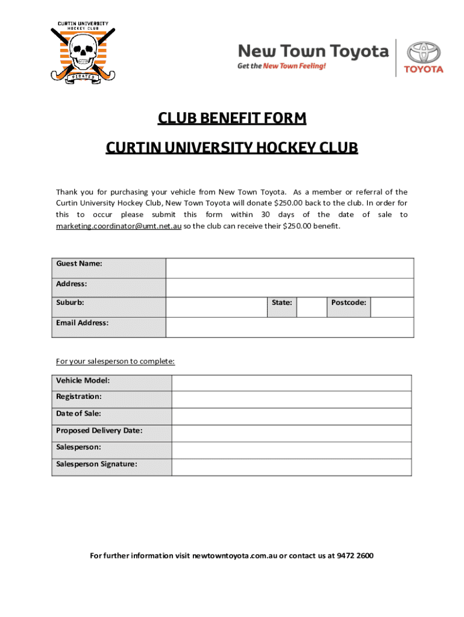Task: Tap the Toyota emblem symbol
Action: (x=423, y=51)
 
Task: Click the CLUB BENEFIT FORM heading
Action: (x=232, y=118)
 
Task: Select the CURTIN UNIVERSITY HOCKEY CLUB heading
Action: (x=232, y=148)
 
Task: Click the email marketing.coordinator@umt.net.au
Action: (x=119, y=226)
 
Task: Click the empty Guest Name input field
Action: (x=290, y=268)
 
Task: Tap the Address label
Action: (x=72, y=283)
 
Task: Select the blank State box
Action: (x=312, y=307)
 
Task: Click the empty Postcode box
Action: (x=392, y=307)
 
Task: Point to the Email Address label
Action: (x=83, y=323)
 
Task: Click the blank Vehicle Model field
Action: (x=292, y=383)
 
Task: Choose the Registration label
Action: (x=79, y=396)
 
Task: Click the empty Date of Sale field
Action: (x=292, y=417)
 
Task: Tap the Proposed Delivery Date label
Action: (x=99, y=430)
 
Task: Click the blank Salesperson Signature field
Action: (x=292, y=467)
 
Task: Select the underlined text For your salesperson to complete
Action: (x=116, y=362)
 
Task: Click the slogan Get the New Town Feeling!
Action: (x=281, y=66)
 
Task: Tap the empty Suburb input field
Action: (x=216, y=307)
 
